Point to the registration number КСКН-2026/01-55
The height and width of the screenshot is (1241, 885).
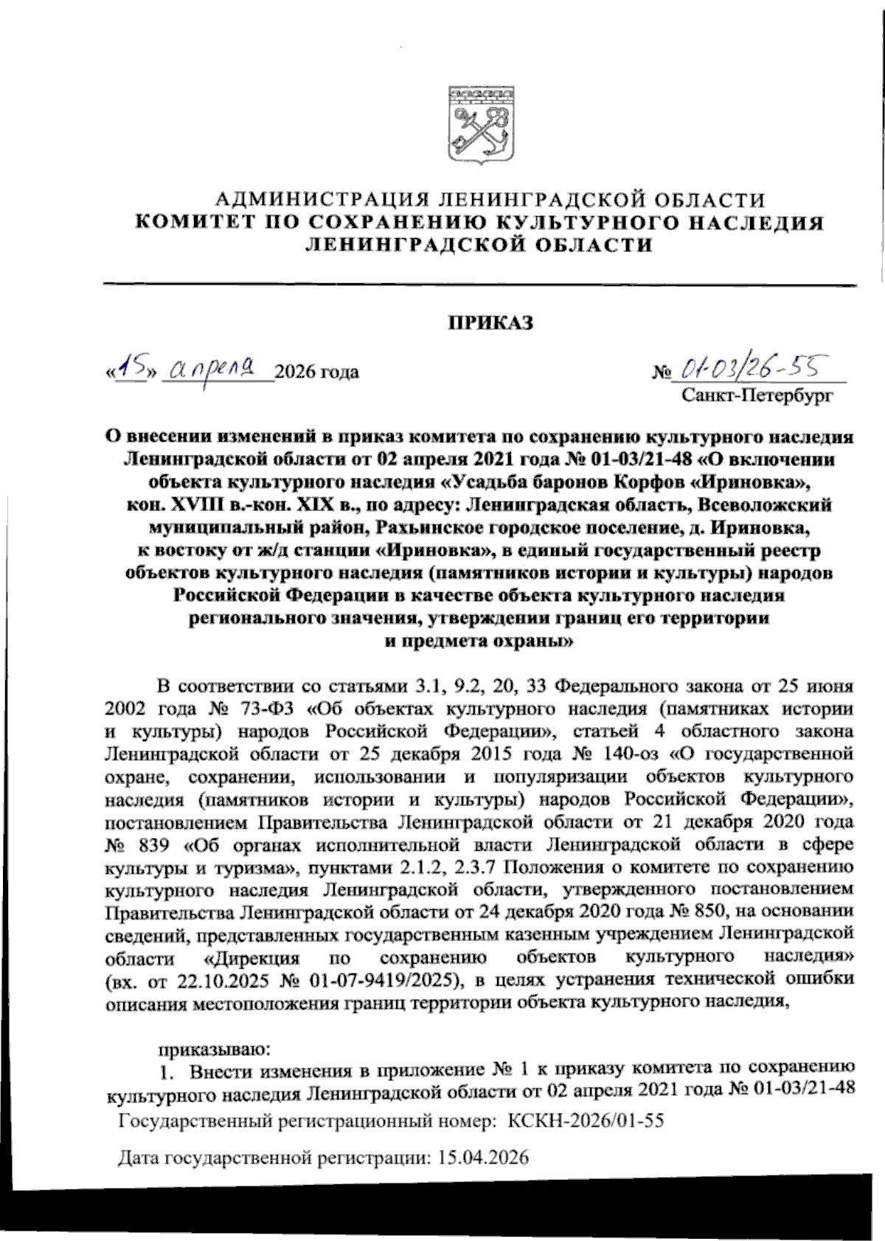point(586,1122)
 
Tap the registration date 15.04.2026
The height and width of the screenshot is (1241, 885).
point(483,1157)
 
